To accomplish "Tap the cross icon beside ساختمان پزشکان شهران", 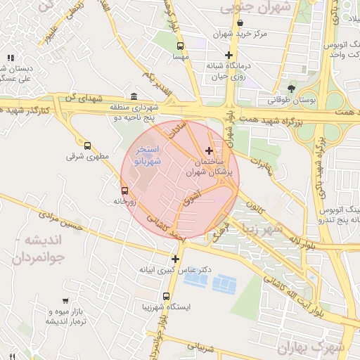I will click(x=209, y=150).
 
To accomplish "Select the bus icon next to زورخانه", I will click(x=124, y=191).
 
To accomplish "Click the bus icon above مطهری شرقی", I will click(x=87, y=145).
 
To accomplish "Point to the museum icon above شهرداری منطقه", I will click(x=134, y=97).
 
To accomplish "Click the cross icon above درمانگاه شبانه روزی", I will click(x=229, y=55).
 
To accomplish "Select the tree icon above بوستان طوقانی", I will click(x=292, y=89).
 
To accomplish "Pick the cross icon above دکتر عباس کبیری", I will click(x=175, y=259).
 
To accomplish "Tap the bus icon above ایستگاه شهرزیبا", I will click(x=166, y=296).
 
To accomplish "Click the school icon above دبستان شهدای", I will click(x=10, y=58).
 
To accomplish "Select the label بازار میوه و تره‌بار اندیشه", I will click(x=46, y=316).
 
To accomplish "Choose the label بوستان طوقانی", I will click(x=292, y=101).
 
